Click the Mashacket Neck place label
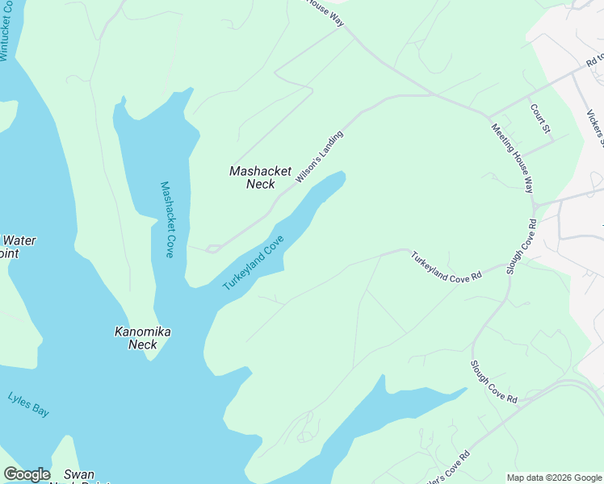coord(260,177)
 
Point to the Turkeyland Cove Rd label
coord(446,266)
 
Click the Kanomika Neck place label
coord(143,338)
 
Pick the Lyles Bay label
coord(28,404)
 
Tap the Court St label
coord(540,118)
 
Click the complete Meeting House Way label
coord(513,157)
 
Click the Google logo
coord(27,474)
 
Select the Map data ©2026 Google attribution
coord(554,478)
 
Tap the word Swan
coord(79,474)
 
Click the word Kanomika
coord(143,332)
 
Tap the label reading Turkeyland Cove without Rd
coord(254,263)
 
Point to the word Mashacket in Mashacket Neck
coord(260,171)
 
